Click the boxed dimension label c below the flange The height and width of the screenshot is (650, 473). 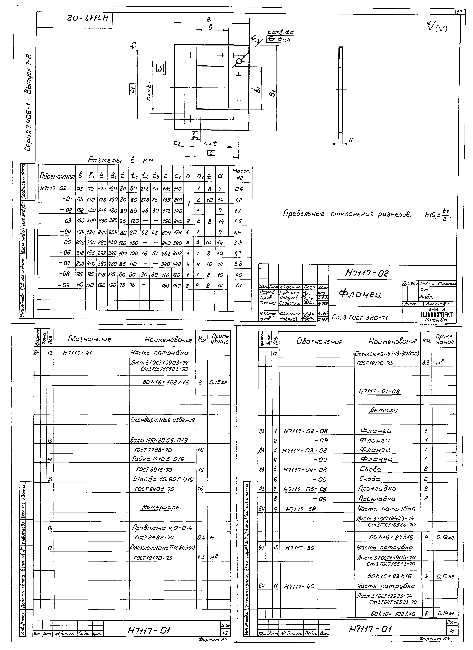tap(211, 153)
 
